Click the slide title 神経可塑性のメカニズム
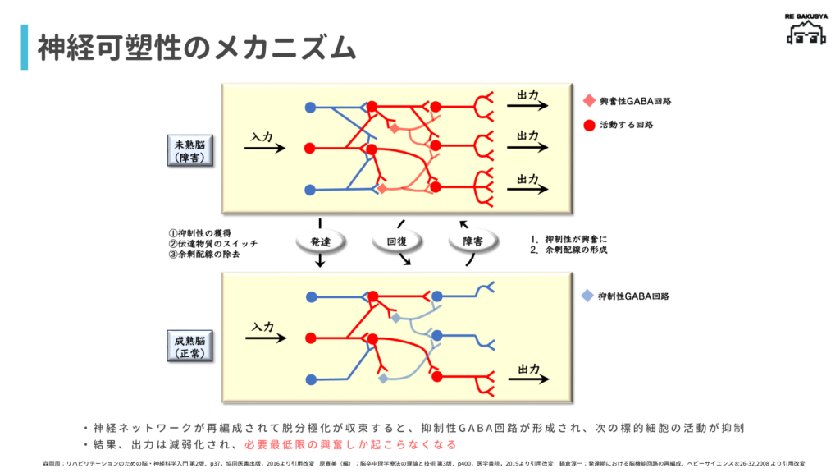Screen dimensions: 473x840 (x=197, y=48)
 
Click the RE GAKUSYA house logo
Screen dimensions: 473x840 (x=805, y=30)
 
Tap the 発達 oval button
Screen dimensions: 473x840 (x=320, y=241)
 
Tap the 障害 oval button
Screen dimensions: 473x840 (x=472, y=241)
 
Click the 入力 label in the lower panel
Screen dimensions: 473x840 (x=262, y=326)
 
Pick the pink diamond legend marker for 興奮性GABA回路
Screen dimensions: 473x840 (x=587, y=101)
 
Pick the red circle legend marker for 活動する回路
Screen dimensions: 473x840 (x=587, y=125)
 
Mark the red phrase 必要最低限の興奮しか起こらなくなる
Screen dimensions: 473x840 (x=350, y=444)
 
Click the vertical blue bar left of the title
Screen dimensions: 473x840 (x=24, y=48)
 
